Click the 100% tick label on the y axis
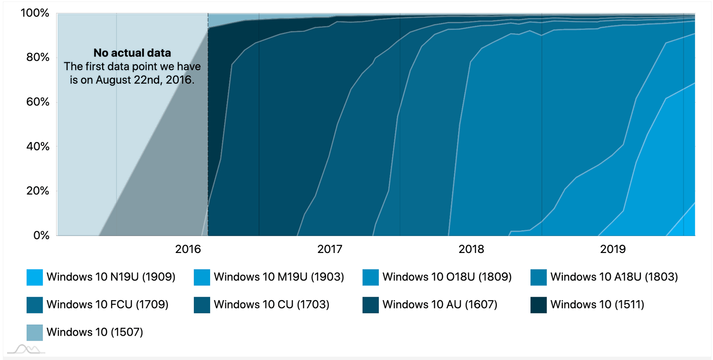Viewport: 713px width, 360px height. pyautogui.click(x=34, y=13)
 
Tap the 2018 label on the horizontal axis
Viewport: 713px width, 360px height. pyautogui.click(x=471, y=249)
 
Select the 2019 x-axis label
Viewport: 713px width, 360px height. pyautogui.click(x=613, y=249)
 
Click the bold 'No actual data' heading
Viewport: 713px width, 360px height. pyautogui.click(x=132, y=53)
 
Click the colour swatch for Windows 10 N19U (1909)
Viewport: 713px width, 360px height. pyautogui.click(x=35, y=277)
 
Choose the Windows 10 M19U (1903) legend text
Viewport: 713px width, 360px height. pyautogui.click(x=279, y=277)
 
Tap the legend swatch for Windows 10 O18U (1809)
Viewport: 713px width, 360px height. pyautogui.click(x=370, y=277)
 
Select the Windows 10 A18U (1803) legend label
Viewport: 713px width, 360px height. pyautogui.click(x=614, y=277)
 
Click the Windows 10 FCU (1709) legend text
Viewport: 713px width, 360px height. pyautogui.click(x=107, y=304)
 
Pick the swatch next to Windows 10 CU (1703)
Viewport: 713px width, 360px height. pyautogui.click(x=202, y=305)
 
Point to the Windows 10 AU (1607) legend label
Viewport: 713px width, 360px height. pyautogui.click(x=440, y=304)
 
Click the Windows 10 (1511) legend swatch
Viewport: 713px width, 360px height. pyautogui.click(x=539, y=305)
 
